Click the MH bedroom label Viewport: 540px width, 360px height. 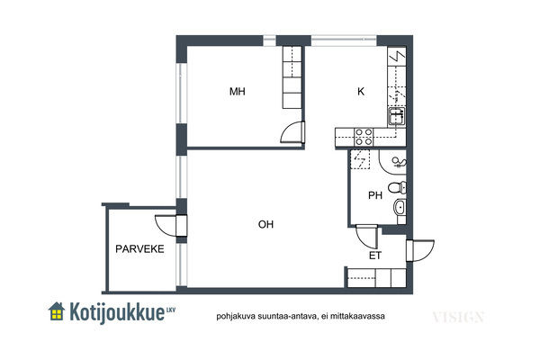tap(238, 91)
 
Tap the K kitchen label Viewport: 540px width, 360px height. tap(361, 91)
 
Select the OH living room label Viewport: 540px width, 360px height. tap(265, 225)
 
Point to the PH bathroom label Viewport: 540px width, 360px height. tap(375, 195)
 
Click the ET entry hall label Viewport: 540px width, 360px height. tap(375, 256)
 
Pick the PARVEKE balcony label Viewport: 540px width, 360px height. tap(139, 248)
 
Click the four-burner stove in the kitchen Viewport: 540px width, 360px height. tap(364, 137)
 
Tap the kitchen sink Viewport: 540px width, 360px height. tap(397, 116)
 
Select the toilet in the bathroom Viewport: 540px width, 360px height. tap(398, 187)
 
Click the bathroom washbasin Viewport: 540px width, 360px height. tap(400, 208)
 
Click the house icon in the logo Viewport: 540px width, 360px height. tap(57, 311)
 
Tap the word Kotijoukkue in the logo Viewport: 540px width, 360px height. tap(117, 312)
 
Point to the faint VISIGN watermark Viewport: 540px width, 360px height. tap(458, 317)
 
